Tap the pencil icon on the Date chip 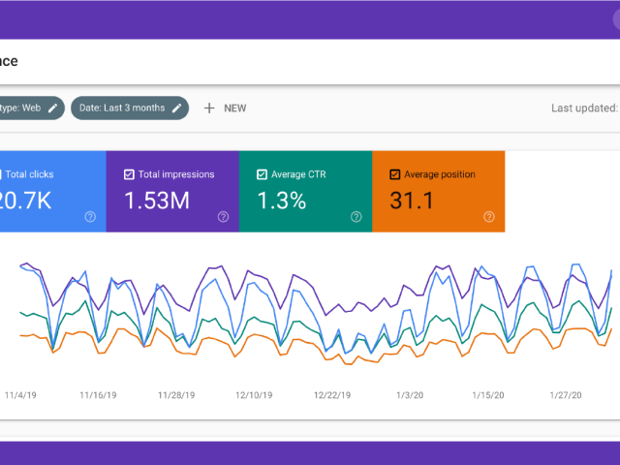click(176, 108)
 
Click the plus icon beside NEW click(208, 108)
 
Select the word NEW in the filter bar click(234, 108)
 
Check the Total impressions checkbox click(130, 174)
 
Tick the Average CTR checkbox click(262, 174)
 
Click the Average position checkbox click(394, 174)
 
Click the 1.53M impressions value click(156, 201)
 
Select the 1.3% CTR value click(282, 201)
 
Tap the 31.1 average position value click(411, 201)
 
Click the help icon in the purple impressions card click(223, 217)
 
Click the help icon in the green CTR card click(356, 217)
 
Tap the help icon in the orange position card click(488, 217)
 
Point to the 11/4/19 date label click(20, 395)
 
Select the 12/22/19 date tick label click(333, 395)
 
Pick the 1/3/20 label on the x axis click(410, 395)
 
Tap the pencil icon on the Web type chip click(52, 108)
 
